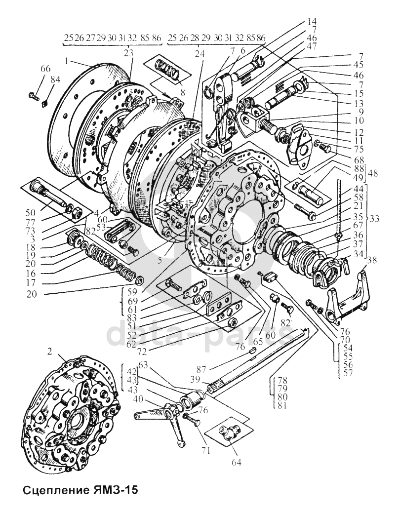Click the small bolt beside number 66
pyautogui.click(x=34, y=93)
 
